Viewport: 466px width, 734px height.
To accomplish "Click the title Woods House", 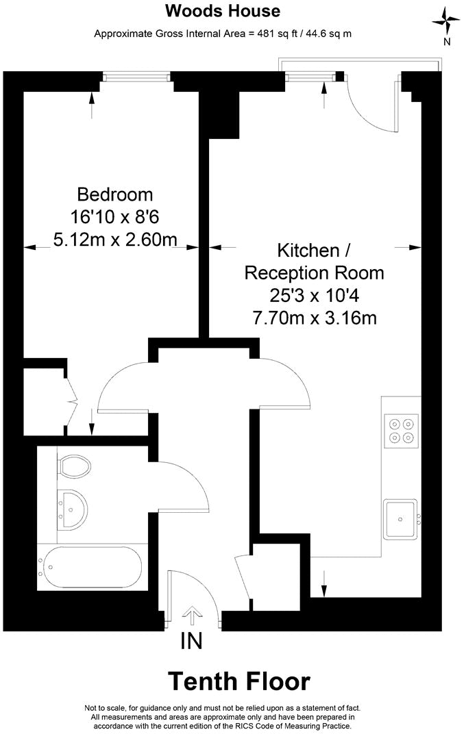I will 223,11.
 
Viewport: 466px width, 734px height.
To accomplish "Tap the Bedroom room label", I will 114,194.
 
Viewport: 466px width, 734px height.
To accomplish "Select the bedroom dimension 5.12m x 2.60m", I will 114,239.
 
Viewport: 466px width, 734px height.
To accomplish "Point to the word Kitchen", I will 308,249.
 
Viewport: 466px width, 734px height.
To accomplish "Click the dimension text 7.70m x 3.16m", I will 315,318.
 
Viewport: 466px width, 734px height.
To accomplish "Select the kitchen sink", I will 400,518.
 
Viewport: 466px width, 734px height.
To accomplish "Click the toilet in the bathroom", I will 74,467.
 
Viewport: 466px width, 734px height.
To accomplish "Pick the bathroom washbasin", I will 71,507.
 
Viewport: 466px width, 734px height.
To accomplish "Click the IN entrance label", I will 192,641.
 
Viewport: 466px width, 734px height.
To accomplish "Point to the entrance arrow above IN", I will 193,616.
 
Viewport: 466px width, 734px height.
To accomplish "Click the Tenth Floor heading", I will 239,681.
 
